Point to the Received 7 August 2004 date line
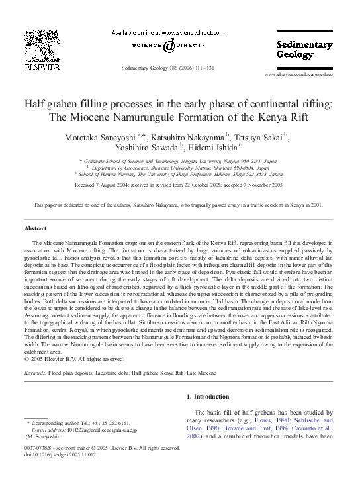180,185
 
